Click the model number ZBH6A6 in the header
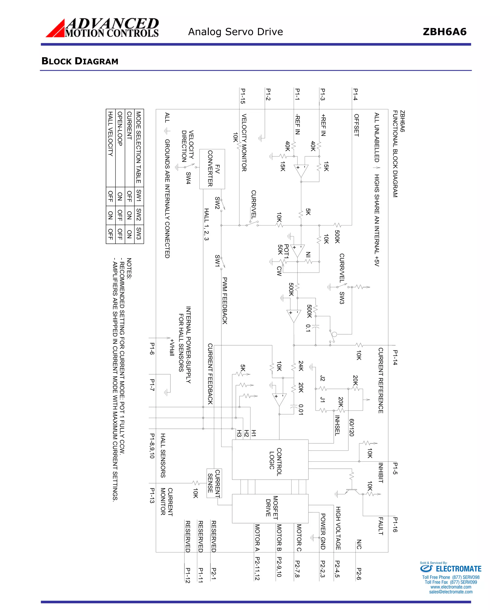click(x=444, y=32)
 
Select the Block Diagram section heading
click(x=80, y=61)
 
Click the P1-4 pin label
click(x=355, y=94)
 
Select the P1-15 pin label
click(x=243, y=96)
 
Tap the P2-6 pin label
click(x=359, y=573)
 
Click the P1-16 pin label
click(x=395, y=525)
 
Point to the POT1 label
click(x=286, y=251)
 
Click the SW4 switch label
click(x=188, y=178)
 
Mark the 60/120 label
click(x=351, y=427)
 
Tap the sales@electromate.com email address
click(x=450, y=592)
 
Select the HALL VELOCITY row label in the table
click(x=110, y=134)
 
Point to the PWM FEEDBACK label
click(x=225, y=301)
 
